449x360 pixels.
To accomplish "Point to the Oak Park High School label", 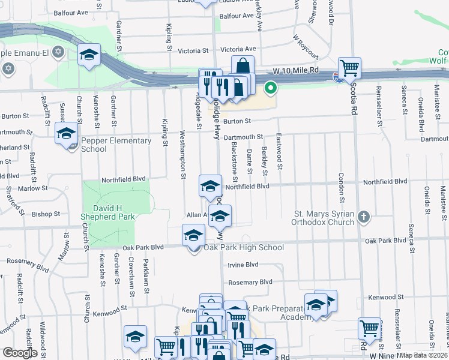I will (244, 247).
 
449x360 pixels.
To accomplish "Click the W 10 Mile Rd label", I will (295, 71).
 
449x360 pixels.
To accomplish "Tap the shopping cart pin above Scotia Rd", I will (349, 67).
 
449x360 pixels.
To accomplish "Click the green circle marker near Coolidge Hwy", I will (271, 88).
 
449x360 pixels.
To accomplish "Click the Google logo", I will (20, 352).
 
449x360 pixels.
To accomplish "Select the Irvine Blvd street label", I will (243, 264).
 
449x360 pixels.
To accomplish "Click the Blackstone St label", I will (234, 161).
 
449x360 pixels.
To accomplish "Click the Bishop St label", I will (46, 214).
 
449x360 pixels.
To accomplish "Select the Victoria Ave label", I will (238, 49).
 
